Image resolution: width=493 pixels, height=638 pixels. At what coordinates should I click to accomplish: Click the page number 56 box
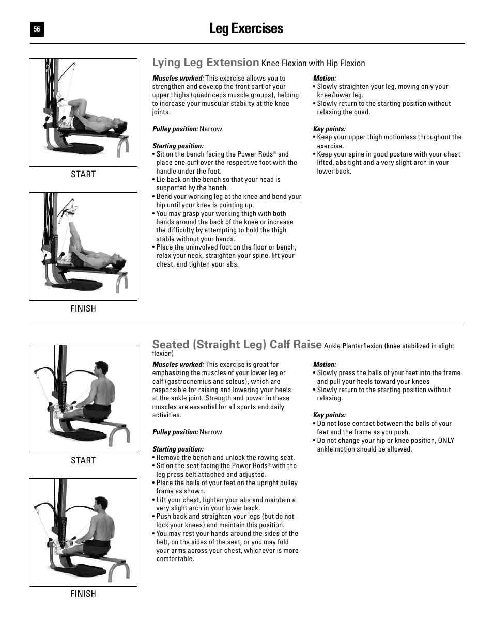click(37, 30)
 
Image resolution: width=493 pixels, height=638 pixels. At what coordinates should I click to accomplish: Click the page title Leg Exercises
click(246, 29)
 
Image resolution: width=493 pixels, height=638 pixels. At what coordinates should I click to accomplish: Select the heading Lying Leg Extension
click(205, 63)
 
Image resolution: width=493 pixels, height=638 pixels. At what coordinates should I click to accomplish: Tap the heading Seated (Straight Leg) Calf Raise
click(237, 345)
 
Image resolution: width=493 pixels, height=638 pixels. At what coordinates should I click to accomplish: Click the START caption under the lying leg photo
click(83, 175)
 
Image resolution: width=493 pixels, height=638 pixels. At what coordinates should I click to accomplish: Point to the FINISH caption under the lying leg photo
click(83, 309)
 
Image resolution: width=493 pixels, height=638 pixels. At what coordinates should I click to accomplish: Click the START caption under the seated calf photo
click(83, 461)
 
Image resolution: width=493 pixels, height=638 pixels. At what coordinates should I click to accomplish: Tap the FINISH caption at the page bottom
click(83, 594)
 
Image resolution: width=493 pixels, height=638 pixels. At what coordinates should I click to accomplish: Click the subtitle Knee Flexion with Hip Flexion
click(313, 64)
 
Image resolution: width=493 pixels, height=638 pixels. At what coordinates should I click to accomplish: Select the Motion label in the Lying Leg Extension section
click(325, 79)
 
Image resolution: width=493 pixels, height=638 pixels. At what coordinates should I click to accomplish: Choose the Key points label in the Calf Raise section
click(329, 415)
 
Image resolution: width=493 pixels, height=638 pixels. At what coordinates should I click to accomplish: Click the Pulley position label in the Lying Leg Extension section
click(175, 129)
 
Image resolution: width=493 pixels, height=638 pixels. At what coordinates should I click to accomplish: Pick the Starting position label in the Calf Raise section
click(178, 449)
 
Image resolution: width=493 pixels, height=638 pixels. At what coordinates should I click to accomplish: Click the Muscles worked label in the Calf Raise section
click(178, 365)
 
